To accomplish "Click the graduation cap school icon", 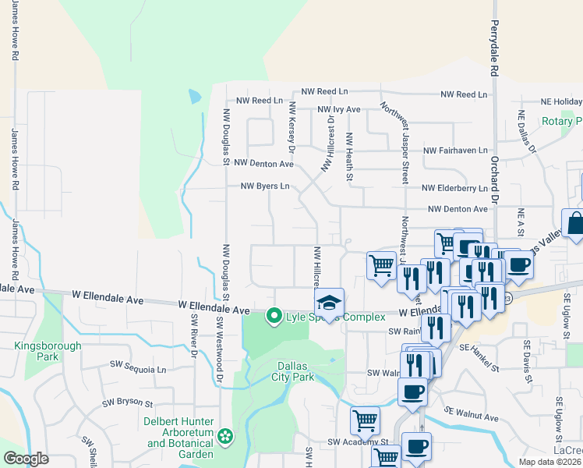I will coord(329,303).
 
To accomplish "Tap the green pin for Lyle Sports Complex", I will coord(274,317).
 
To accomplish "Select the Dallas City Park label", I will coord(303,371).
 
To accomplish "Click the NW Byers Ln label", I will coord(265,186).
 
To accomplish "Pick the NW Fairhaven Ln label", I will coord(455,150).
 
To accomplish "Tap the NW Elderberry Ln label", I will coord(454,188).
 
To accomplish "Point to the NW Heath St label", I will coord(349,158).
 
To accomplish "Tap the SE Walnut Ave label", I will coord(472,414).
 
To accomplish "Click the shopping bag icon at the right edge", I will coord(574,225).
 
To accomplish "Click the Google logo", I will coord(26,459).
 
